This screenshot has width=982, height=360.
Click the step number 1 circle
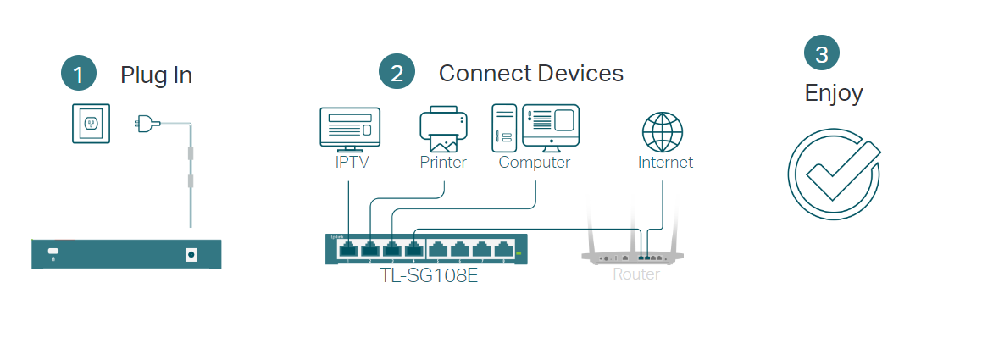pyautogui.click(x=79, y=74)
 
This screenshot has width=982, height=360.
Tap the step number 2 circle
pyautogui.click(x=397, y=73)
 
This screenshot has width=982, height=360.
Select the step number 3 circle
pyautogui.click(x=821, y=53)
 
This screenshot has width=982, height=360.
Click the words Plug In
pyautogui.click(x=156, y=75)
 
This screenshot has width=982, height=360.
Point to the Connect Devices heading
pyautogui.click(x=530, y=73)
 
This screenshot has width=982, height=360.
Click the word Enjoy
pyautogui.click(x=833, y=92)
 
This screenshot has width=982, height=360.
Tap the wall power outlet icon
pyautogui.click(x=91, y=124)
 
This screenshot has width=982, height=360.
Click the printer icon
pyautogui.click(x=442, y=128)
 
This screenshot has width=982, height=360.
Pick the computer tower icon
pyautogui.click(x=503, y=128)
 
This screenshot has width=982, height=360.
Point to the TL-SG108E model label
pyautogui.click(x=428, y=274)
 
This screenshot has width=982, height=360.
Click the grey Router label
pyautogui.click(x=635, y=274)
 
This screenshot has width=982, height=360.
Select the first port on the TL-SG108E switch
pyautogui.click(x=348, y=249)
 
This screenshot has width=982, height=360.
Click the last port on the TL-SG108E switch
pyautogui.click(x=504, y=249)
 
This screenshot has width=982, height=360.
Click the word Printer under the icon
pyautogui.click(x=443, y=163)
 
